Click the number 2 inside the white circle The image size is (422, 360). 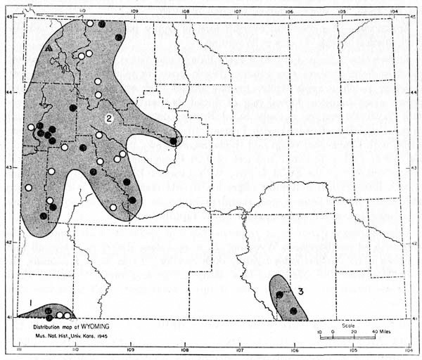coord(110,118)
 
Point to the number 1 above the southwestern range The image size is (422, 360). coord(30,302)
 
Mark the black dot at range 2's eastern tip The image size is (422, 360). coord(173,141)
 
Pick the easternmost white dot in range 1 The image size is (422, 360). coord(68,316)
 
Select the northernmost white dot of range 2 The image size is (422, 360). coord(90,24)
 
